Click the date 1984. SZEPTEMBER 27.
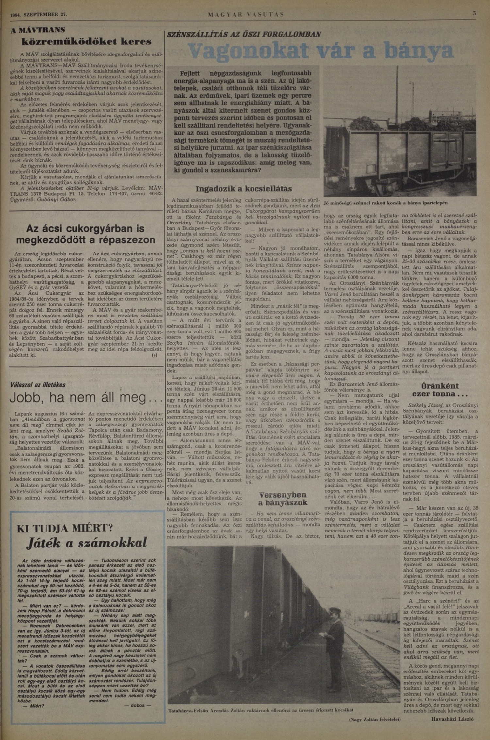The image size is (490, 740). pos(39,15)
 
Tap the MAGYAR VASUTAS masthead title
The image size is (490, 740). pos(246,15)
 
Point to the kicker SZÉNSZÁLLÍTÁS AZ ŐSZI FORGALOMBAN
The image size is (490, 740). pos(244,34)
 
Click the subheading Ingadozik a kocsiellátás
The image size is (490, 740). pos(244,189)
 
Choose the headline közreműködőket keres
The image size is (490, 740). pos(86,42)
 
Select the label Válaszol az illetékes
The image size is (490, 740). pos(38,385)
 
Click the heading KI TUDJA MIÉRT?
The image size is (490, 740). pos(65,528)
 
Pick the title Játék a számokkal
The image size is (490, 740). pos(87,543)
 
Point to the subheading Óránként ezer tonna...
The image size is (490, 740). pos(440,390)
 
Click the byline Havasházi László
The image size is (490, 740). pos(452,719)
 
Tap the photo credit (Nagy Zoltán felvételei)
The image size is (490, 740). pos(375,719)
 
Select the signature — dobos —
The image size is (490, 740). pos(138,705)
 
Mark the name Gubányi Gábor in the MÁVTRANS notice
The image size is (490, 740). pos(56,199)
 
